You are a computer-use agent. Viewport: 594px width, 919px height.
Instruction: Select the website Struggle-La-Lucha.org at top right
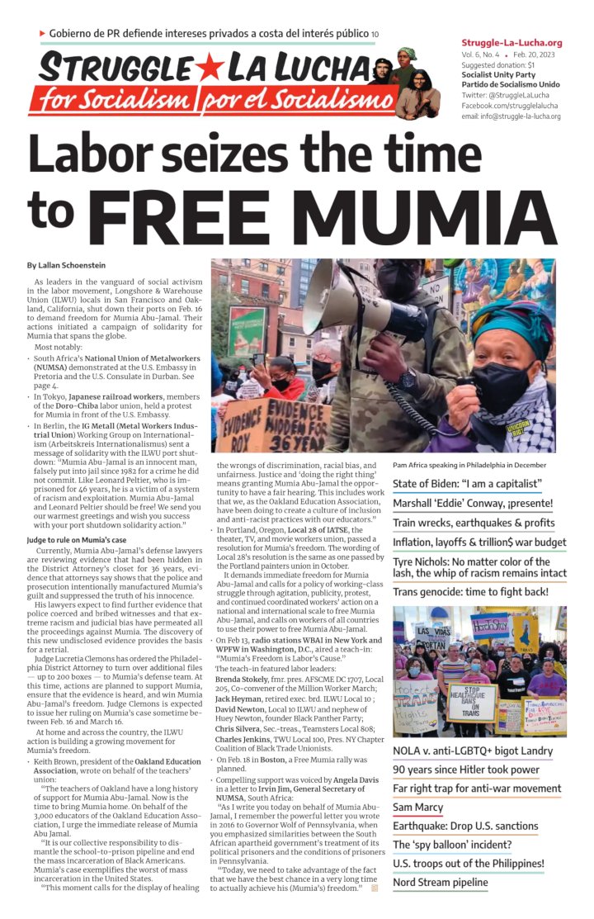[511, 42]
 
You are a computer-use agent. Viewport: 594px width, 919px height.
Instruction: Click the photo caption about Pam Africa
[469, 465]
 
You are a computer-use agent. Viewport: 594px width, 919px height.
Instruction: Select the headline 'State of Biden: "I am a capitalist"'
[467, 484]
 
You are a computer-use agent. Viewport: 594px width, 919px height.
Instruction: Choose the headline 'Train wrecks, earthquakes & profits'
[474, 523]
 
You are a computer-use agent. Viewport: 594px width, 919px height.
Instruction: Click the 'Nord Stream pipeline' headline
[440, 883]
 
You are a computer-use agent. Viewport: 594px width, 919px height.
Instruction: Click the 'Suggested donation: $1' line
[497, 64]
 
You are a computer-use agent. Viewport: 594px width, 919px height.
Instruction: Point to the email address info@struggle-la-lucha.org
[511, 116]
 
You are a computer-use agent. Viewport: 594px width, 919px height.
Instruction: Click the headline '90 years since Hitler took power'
[465, 769]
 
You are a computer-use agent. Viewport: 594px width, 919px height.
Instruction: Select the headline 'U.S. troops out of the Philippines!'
[468, 864]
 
